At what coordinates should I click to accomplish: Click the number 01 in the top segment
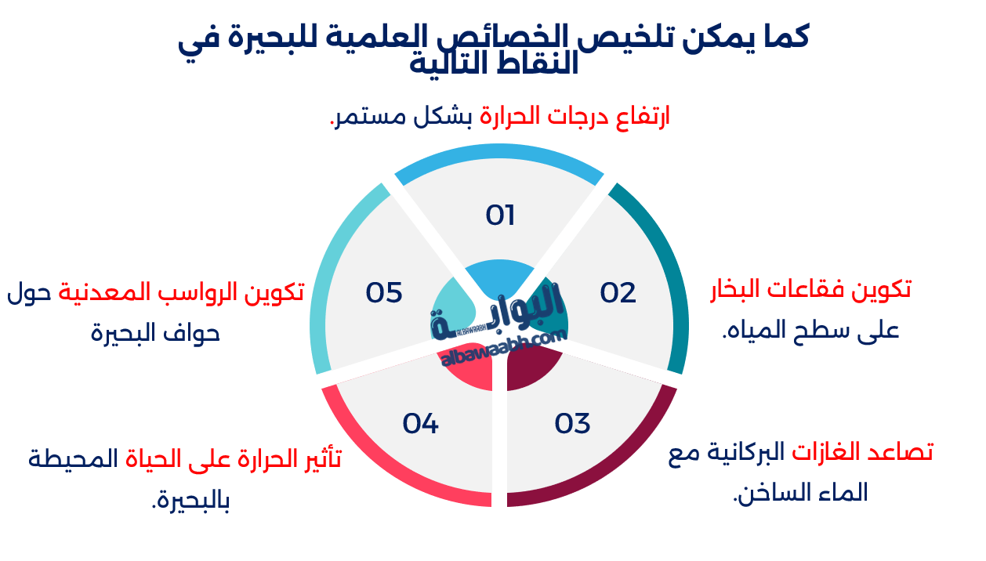pos(499,215)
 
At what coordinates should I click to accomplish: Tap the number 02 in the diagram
pos(618,292)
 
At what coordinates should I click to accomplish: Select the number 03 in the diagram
pos(572,423)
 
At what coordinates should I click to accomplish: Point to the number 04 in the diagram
pos(420,423)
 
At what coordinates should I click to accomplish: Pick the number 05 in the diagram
pos(384,292)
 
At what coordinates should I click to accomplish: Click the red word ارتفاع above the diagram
pos(646,117)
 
